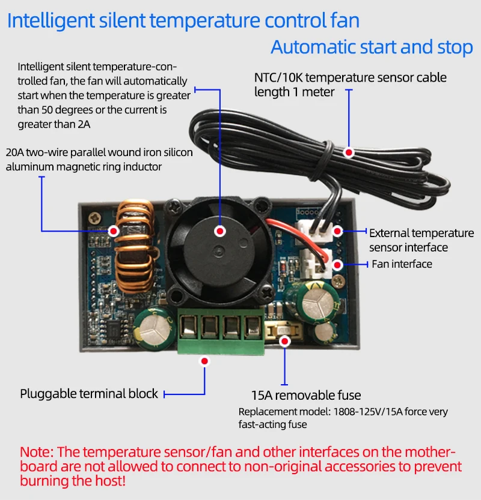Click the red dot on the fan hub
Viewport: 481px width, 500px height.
220,230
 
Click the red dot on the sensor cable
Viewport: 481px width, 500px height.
349,153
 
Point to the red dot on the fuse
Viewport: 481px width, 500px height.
285,341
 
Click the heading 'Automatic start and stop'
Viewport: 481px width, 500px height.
372,47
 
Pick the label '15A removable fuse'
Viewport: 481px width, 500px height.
306,395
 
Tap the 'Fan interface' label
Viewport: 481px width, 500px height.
402,264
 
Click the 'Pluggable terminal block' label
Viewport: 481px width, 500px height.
89,394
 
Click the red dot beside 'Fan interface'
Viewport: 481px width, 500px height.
338,264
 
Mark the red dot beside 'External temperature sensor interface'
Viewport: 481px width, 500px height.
338,231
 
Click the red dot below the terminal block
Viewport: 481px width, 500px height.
205,361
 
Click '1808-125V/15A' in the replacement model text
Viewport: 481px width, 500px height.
360,412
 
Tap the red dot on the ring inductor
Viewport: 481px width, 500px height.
113,230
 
